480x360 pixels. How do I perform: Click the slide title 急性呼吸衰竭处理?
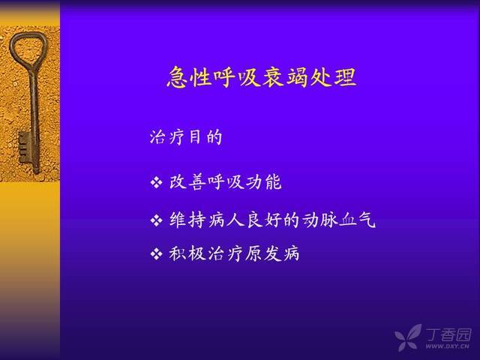tap(262, 77)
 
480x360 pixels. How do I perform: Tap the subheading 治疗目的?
tap(186, 136)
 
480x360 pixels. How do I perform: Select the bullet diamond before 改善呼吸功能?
tap(156, 182)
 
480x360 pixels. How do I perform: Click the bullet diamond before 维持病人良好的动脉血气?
tap(156, 220)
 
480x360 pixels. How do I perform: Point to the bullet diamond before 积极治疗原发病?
tap(156, 254)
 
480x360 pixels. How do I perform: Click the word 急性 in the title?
tap(190, 77)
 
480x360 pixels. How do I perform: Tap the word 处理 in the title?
tap(334, 77)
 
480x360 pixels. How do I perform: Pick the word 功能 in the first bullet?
tap(263, 182)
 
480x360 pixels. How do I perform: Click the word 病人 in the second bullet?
tap(226, 220)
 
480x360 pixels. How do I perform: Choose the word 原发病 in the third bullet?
tap(271, 254)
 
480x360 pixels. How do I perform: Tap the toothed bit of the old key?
tap(25, 147)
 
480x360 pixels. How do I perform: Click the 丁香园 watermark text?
tap(448, 334)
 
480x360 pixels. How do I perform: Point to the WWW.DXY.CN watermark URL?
tap(447, 346)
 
